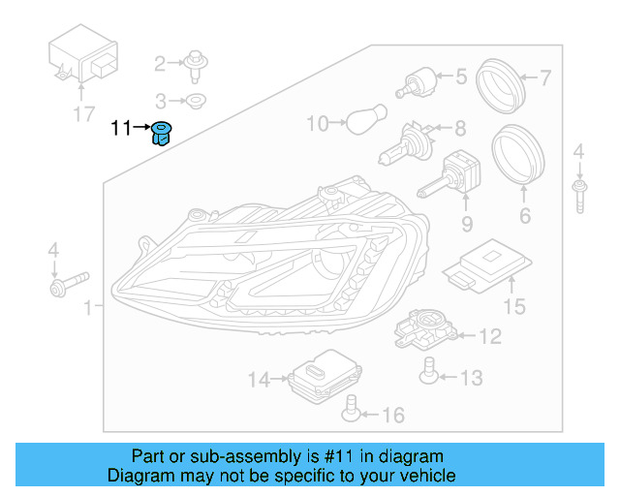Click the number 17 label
coord(84,114)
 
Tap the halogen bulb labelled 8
coord(402,143)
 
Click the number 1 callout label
coord(88,308)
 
